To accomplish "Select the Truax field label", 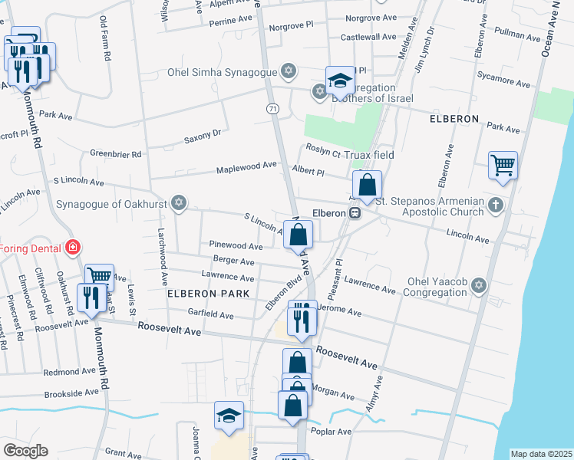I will tap(368, 155).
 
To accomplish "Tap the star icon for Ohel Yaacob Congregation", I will tap(480, 285).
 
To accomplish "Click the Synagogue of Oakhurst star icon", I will tap(178, 203).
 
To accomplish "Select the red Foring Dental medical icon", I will tap(73, 248).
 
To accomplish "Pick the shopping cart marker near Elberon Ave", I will tap(503, 165).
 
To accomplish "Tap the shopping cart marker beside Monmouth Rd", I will tap(99, 277).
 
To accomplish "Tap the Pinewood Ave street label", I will tap(236, 245).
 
